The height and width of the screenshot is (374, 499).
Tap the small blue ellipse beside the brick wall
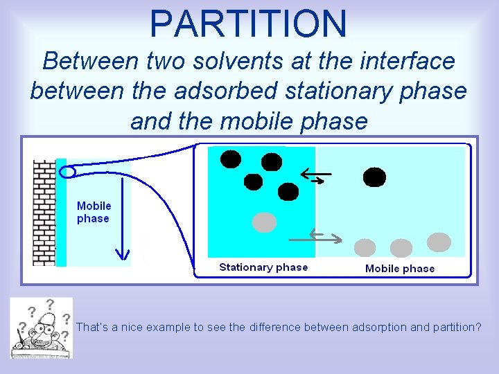68,171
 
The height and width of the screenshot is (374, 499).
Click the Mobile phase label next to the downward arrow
94,212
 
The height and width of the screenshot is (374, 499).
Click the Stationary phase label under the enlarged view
263,267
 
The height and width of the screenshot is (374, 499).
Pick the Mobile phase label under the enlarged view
400,269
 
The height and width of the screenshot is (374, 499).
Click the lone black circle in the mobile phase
374,177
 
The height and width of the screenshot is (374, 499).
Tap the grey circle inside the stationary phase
263,222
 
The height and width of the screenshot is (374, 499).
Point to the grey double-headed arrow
324,237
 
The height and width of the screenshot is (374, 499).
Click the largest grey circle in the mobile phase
438,242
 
